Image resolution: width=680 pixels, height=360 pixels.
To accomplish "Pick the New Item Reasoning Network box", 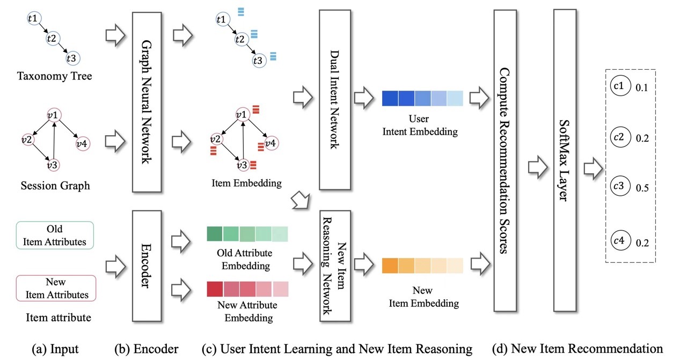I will (335, 266).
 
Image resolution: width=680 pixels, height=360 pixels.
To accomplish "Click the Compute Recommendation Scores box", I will (509, 161).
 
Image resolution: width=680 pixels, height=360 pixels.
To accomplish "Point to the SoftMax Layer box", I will (565, 161).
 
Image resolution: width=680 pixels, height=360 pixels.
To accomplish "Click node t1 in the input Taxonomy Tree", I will (33, 19).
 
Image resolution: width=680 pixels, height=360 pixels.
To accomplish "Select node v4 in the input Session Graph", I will (82, 143).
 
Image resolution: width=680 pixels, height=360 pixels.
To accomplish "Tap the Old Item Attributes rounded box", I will (55, 236).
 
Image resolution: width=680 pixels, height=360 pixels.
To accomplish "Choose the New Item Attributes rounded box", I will (56, 288).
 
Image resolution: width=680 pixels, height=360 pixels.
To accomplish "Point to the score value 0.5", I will (642, 188).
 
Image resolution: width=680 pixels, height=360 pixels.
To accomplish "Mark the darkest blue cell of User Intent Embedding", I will (390, 99).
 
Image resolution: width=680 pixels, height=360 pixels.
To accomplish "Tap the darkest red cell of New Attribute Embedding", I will (215, 289).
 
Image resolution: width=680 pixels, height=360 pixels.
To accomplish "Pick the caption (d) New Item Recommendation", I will (577, 349).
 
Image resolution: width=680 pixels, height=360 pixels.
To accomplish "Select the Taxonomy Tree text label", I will (54, 76).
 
